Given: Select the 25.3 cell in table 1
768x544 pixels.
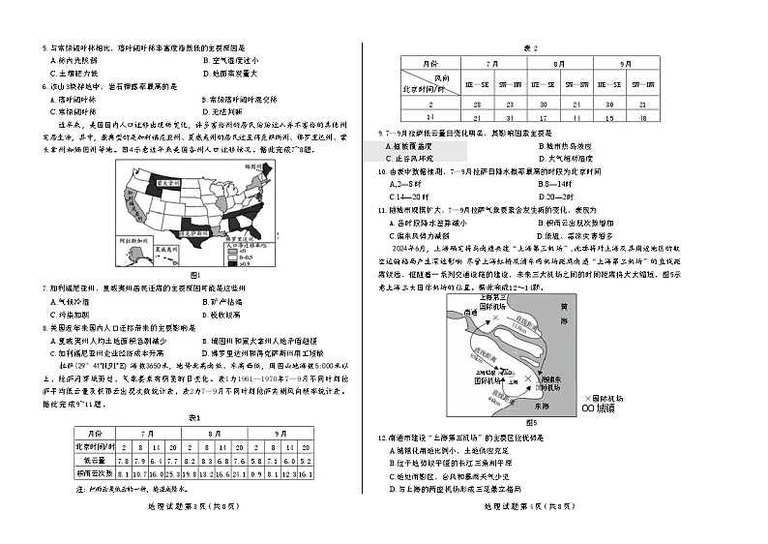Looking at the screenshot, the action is (170, 473).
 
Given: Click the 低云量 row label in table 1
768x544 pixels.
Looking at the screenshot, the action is (95, 460).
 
